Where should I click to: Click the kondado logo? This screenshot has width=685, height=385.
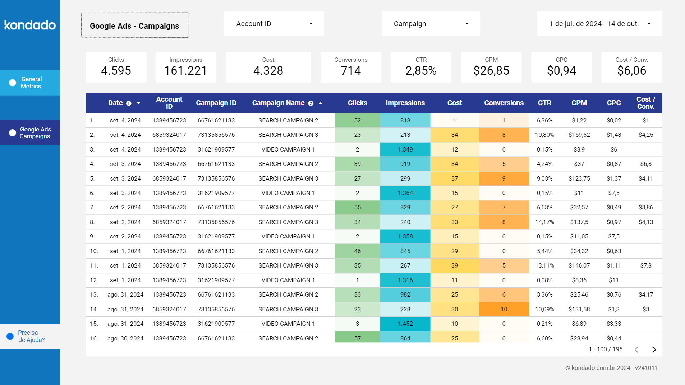pyautogui.click(x=30, y=25)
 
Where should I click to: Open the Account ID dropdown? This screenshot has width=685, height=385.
pyautogui.click(x=274, y=24)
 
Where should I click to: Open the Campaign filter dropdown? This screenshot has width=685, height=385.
pyautogui.click(x=431, y=24)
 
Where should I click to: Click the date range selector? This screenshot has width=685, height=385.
pyautogui.click(x=599, y=24)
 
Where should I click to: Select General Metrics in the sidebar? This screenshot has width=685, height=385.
pyautogui.click(x=30, y=83)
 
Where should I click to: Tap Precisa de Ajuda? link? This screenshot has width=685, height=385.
pyautogui.click(x=31, y=336)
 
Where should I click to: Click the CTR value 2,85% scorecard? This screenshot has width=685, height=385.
pyautogui.click(x=421, y=70)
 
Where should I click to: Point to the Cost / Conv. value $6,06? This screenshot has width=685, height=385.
pyautogui.click(x=631, y=70)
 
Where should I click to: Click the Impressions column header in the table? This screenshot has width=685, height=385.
pyautogui.click(x=405, y=103)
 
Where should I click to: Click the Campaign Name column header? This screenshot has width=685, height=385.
pyautogui.click(x=278, y=103)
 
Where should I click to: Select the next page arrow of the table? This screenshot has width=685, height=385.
pyautogui.click(x=654, y=349)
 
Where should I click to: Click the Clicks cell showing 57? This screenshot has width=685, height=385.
pyautogui.click(x=357, y=338)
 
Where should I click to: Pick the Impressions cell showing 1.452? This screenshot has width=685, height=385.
pyautogui.click(x=405, y=324)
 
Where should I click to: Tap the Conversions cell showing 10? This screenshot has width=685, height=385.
pyautogui.click(x=504, y=309)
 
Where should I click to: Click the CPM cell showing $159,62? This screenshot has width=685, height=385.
pyautogui.click(x=579, y=135)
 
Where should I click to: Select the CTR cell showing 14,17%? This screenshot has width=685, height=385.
pyautogui.click(x=544, y=222)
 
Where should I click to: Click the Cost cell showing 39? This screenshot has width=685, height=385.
pyautogui.click(x=454, y=265)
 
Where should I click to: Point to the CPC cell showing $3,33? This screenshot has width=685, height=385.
pyautogui.click(x=613, y=324)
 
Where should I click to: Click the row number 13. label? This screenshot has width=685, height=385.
pyautogui.click(x=93, y=294)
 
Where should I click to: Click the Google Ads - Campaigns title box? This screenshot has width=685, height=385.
pyautogui.click(x=135, y=25)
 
